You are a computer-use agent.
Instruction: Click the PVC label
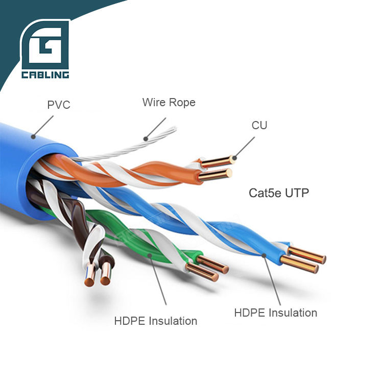[x=59, y=105]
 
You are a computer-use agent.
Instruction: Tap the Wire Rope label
[x=169, y=102]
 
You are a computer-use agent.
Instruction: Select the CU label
[x=259, y=125]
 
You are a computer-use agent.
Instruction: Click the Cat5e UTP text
[x=279, y=193]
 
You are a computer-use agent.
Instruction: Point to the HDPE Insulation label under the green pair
[x=156, y=321]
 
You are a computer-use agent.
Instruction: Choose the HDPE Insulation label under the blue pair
[x=276, y=313]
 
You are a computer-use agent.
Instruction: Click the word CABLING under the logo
[x=45, y=75]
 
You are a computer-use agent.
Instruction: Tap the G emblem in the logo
[x=45, y=44]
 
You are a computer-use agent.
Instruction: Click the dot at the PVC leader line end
[x=33, y=136]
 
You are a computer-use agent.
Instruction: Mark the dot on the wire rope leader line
[x=146, y=139]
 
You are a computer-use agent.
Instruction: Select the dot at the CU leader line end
[x=234, y=158]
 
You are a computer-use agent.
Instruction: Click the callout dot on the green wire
[x=150, y=255]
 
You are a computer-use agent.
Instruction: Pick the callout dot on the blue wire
[x=264, y=255]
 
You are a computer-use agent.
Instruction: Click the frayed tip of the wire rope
[x=174, y=129]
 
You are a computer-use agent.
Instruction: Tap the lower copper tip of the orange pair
[x=229, y=173]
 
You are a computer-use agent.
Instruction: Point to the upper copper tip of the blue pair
[x=323, y=259]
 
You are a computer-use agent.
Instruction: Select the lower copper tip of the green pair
[x=214, y=277]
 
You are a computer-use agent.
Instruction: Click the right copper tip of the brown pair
[x=105, y=281]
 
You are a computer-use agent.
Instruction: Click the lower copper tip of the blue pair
[x=316, y=269]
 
